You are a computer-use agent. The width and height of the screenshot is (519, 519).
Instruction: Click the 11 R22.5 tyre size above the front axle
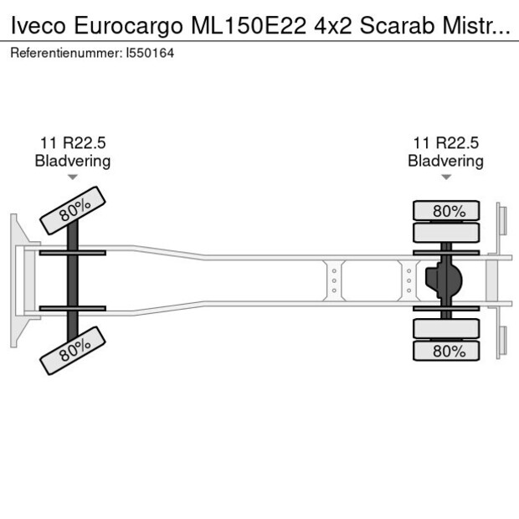[72, 142]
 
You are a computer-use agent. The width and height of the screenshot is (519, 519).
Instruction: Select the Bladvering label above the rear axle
[445, 161]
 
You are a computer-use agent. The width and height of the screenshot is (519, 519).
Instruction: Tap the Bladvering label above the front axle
[72, 161]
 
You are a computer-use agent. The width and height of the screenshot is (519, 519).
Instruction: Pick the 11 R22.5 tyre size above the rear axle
[445, 142]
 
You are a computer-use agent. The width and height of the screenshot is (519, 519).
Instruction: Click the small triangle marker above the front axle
[72, 177]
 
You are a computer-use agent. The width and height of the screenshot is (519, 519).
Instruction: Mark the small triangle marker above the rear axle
[446, 177]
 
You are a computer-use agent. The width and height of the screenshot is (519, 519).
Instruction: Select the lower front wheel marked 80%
[74, 349]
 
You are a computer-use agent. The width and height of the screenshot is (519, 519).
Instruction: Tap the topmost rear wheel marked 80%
[447, 210]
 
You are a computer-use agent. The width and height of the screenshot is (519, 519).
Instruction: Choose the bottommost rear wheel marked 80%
[447, 351]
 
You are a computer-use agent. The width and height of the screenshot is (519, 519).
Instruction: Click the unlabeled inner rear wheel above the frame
[447, 232]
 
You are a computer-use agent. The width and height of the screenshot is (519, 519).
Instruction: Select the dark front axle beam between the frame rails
[73, 280]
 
